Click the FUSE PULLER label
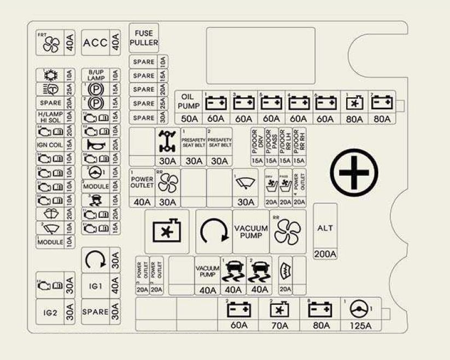point(144,37)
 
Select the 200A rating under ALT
point(325,253)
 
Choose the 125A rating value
point(360,326)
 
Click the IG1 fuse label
point(95,286)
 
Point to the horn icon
point(95,144)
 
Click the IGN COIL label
point(50,144)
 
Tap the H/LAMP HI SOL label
point(50,116)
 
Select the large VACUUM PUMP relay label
point(250,232)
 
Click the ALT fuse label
point(325,228)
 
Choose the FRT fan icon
point(50,44)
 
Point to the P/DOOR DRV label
point(256,143)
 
